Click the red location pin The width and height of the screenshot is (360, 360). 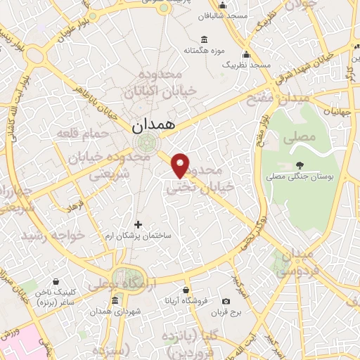pyautogui.click(x=181, y=165)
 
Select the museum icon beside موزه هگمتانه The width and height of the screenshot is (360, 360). pyautogui.click(x=204, y=39)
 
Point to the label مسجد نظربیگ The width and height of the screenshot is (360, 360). pyautogui.click(x=246, y=65)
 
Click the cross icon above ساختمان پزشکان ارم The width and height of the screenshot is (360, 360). pyautogui.click(x=137, y=225)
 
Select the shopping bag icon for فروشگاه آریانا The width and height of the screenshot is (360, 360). pyautogui.click(x=186, y=290)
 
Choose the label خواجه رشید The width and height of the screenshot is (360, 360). pyautogui.click(x=53, y=234)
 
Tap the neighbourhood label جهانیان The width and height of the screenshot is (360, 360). pyautogui.click(x=339, y=110)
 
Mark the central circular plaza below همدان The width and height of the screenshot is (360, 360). pyautogui.click(x=148, y=143)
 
